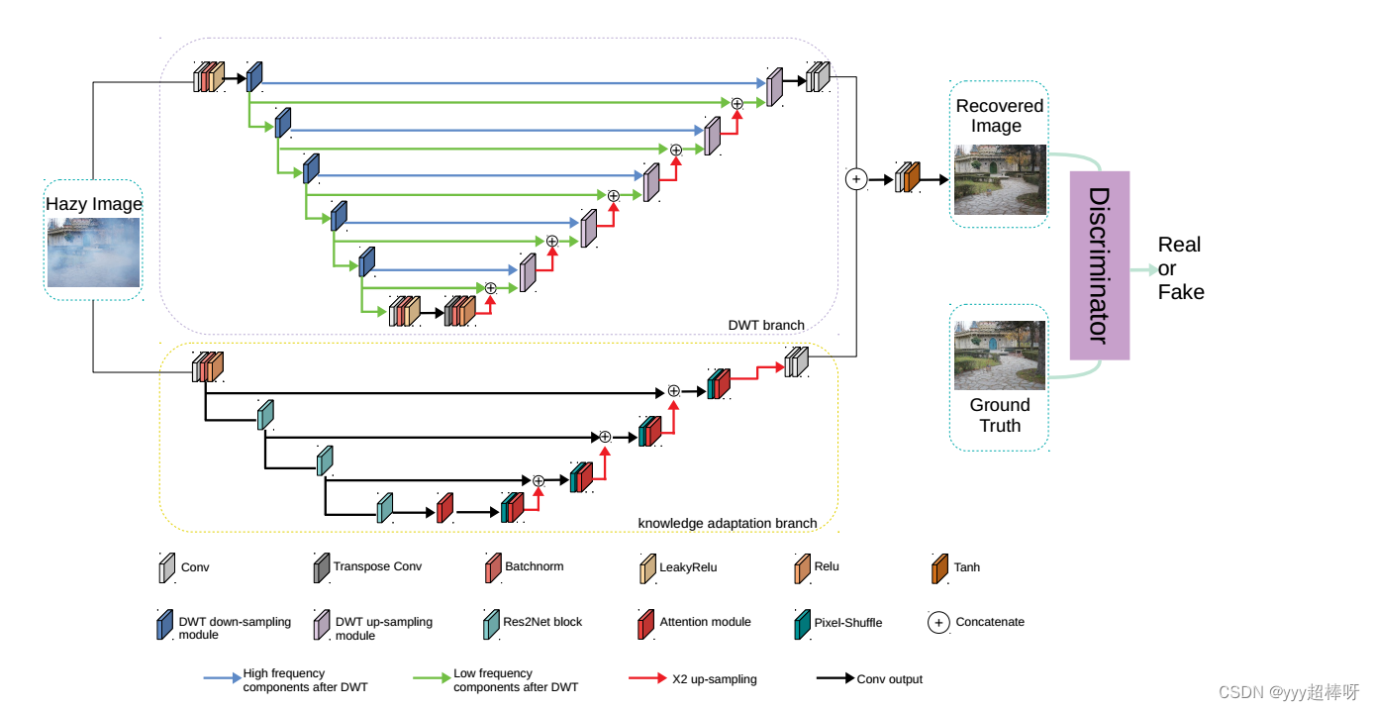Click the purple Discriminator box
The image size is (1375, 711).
(1099, 264)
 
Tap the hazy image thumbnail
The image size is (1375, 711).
(93, 253)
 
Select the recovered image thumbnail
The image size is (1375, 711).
(1000, 180)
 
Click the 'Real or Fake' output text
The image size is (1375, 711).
(1180, 268)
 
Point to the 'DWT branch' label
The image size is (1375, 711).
(766, 325)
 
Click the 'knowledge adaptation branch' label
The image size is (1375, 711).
(728, 523)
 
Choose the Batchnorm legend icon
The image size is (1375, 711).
(492, 567)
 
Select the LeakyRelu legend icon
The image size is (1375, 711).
(647, 567)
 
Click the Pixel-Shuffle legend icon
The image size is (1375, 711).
(802, 623)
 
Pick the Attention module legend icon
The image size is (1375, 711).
(645, 623)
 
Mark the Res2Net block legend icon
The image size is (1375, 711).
(491, 623)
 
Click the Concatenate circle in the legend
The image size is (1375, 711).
(938, 623)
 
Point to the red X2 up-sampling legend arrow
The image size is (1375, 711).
(647, 679)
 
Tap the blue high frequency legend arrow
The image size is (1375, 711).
(222, 679)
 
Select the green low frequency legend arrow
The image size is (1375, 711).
(432, 679)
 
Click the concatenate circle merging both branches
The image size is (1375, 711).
(856, 178)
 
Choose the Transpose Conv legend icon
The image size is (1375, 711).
(321, 567)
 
